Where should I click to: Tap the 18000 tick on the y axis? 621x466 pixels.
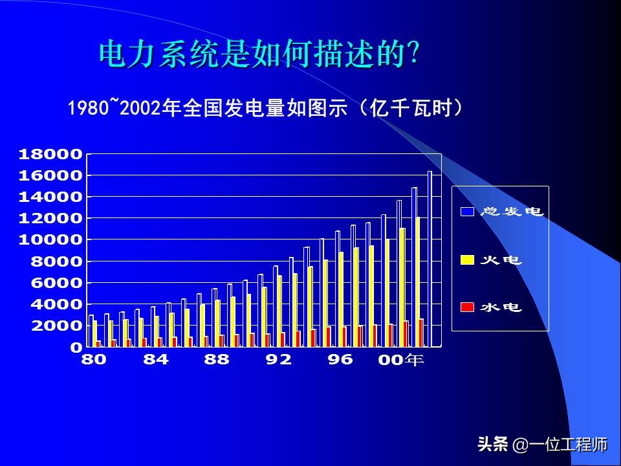(x=50, y=154)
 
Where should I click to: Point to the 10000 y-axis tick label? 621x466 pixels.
(x=50, y=239)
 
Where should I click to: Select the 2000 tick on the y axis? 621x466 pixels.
(x=54, y=326)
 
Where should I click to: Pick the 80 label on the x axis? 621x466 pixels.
(x=94, y=360)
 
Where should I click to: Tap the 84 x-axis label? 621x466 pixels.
(x=155, y=360)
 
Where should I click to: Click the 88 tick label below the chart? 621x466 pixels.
(x=216, y=360)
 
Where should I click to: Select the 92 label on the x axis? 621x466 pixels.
(x=279, y=360)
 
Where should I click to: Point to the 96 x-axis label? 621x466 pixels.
(x=340, y=360)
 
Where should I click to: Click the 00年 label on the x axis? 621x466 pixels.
(x=401, y=361)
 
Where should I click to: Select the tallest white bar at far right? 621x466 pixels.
(x=430, y=259)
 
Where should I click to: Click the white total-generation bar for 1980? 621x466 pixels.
(x=91, y=331)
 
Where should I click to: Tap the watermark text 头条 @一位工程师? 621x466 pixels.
(x=542, y=445)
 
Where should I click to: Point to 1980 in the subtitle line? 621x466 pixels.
(x=88, y=108)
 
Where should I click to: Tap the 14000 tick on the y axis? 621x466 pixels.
(x=50, y=197)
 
